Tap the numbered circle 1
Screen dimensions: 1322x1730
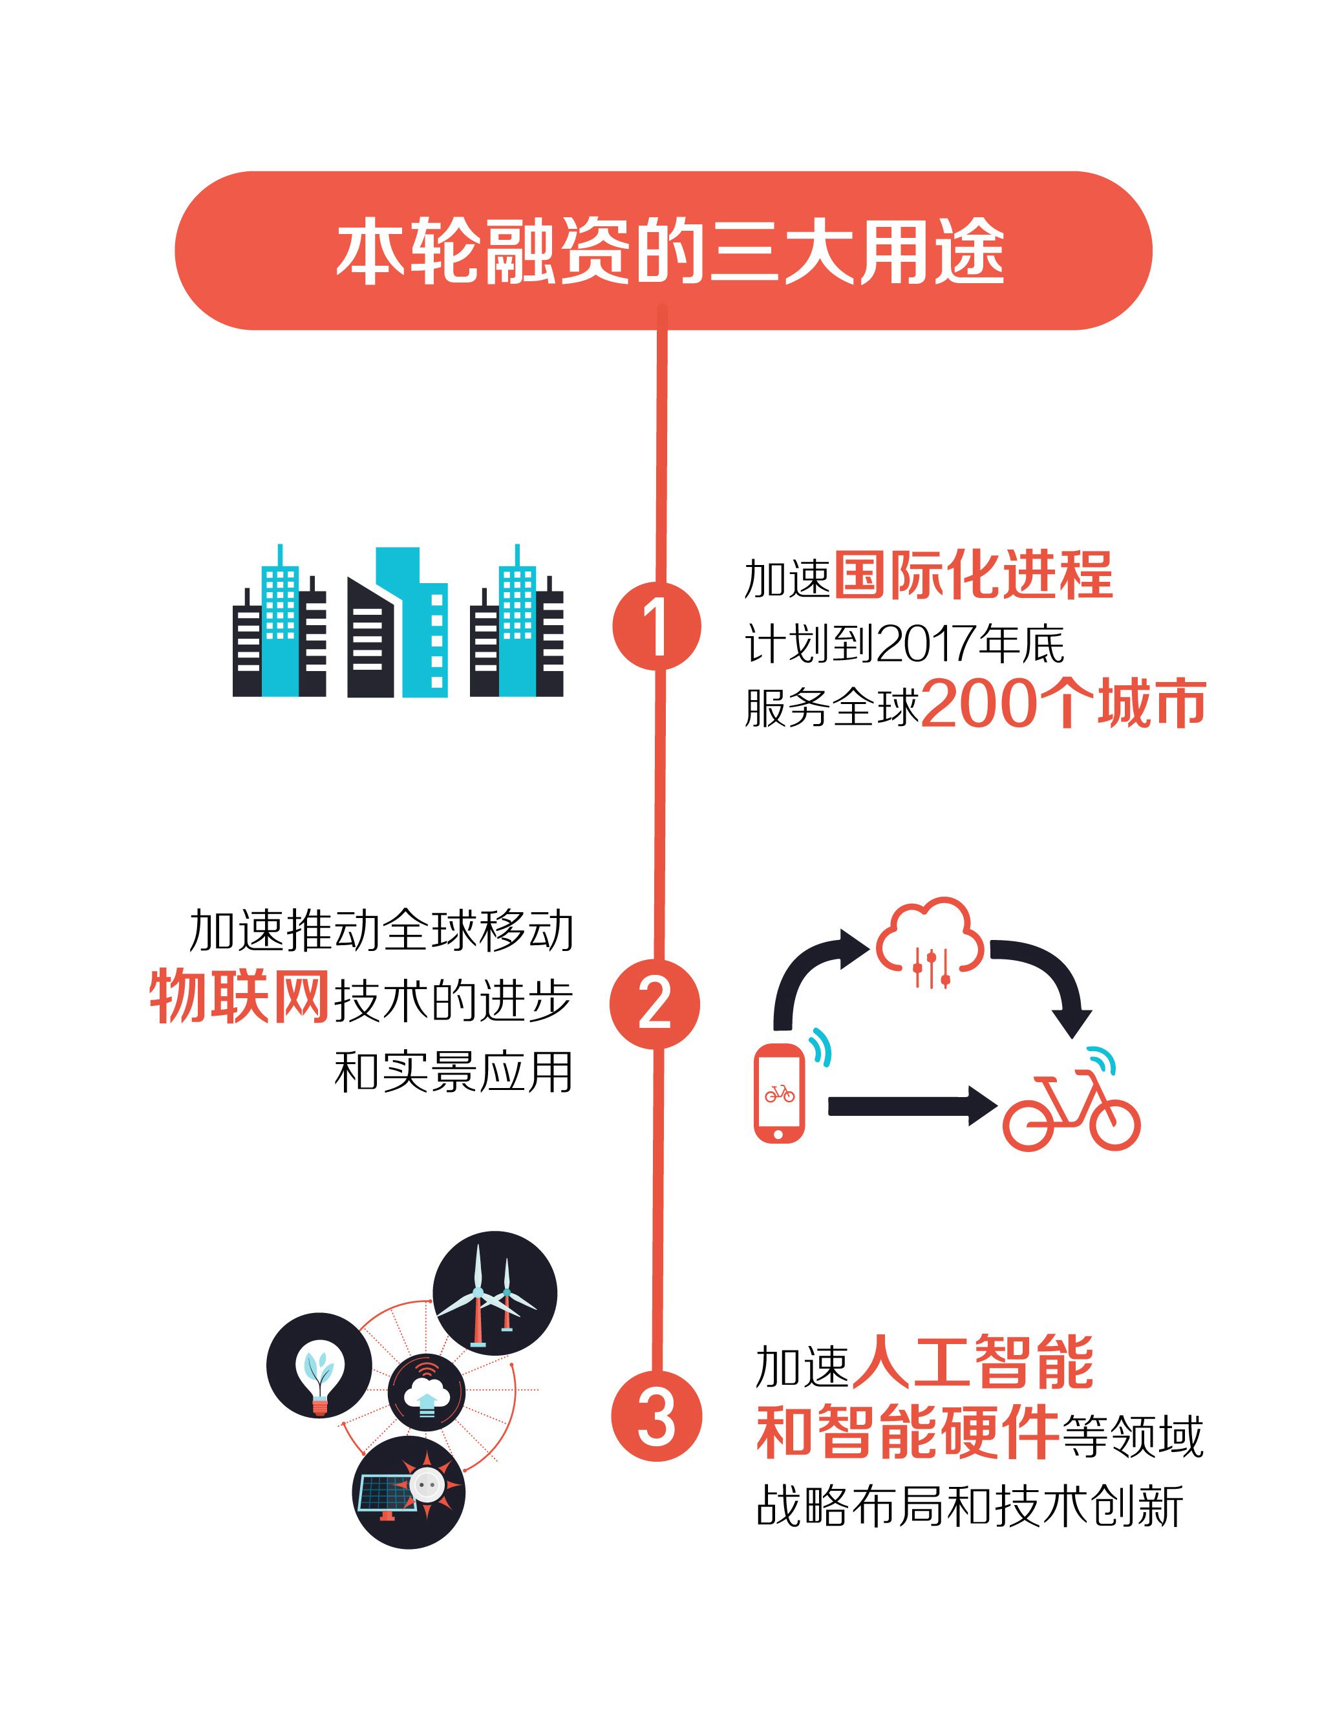coord(656,627)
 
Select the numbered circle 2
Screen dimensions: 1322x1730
coord(655,1004)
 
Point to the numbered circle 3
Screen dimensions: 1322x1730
coord(656,1418)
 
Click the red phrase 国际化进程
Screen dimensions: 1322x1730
coord(973,575)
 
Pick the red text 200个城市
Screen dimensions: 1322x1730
coord(1063,703)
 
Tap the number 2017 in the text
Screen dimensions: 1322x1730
coord(926,643)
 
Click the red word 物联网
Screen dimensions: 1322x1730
coord(239,997)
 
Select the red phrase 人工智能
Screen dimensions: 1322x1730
coord(973,1362)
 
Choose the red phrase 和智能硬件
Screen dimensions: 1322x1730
coord(908,1433)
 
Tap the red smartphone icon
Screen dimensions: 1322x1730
coord(779,1093)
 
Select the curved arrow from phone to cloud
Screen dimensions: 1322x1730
coord(811,972)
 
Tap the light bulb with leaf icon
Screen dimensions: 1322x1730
coord(319,1366)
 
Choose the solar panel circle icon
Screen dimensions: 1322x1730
coord(409,1492)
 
